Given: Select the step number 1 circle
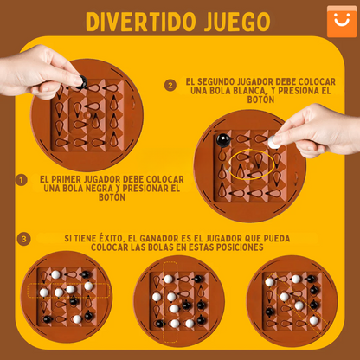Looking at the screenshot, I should [22, 180].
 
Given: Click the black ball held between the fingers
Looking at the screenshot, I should [81, 83].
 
